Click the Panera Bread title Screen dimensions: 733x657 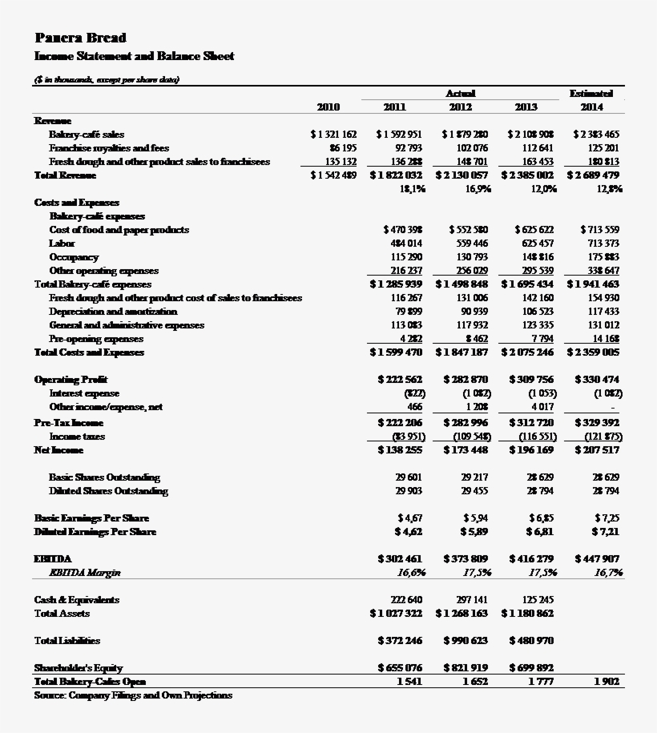[80, 38]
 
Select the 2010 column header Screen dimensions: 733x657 [328, 107]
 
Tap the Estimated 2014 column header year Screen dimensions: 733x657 [591, 107]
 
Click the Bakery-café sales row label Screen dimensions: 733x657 [87, 135]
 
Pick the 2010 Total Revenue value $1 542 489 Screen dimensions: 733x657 [333, 175]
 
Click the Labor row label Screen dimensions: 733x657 [62, 244]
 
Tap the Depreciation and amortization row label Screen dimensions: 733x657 [113, 312]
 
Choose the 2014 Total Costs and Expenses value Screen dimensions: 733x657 [593, 352]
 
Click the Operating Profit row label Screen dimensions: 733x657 [71, 380]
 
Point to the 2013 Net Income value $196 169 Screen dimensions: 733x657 [531, 451]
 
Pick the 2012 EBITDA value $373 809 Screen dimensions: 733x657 [466, 558]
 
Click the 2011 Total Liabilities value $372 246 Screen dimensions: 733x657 [400, 641]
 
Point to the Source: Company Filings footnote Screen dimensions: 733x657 [133, 695]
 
